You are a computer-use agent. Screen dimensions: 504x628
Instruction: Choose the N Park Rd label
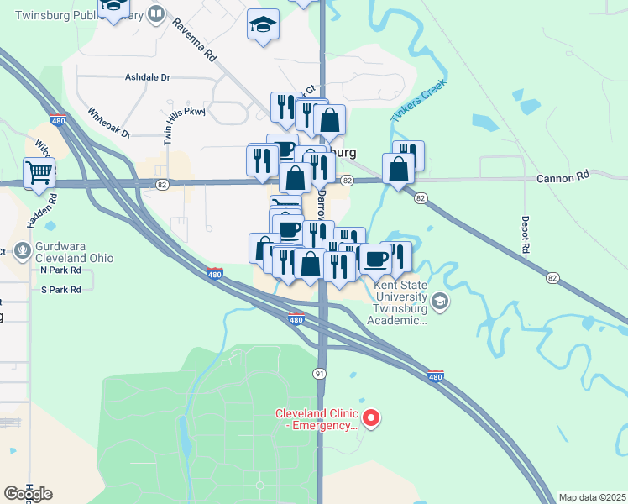coord(61,271)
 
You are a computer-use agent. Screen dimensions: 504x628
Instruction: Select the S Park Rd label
coord(61,290)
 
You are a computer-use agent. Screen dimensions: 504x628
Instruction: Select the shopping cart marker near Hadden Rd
coord(39,173)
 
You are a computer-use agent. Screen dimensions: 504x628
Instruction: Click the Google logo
coord(28,494)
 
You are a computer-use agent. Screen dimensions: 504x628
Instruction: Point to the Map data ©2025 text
coord(592,497)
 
